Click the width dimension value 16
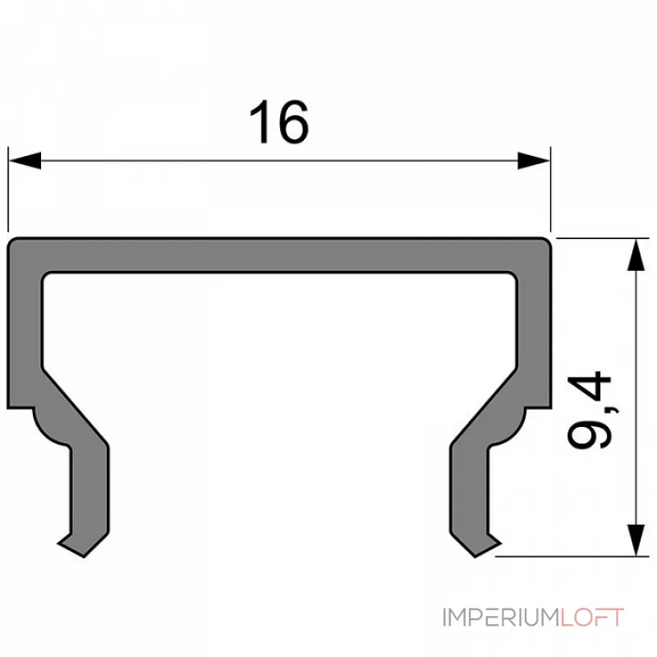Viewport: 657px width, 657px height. pos(279,123)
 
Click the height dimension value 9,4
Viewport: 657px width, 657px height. pos(590,410)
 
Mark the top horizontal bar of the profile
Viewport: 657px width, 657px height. pos(279,255)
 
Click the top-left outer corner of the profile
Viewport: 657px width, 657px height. pos(11,241)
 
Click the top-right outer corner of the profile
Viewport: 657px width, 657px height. pos(547,241)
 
